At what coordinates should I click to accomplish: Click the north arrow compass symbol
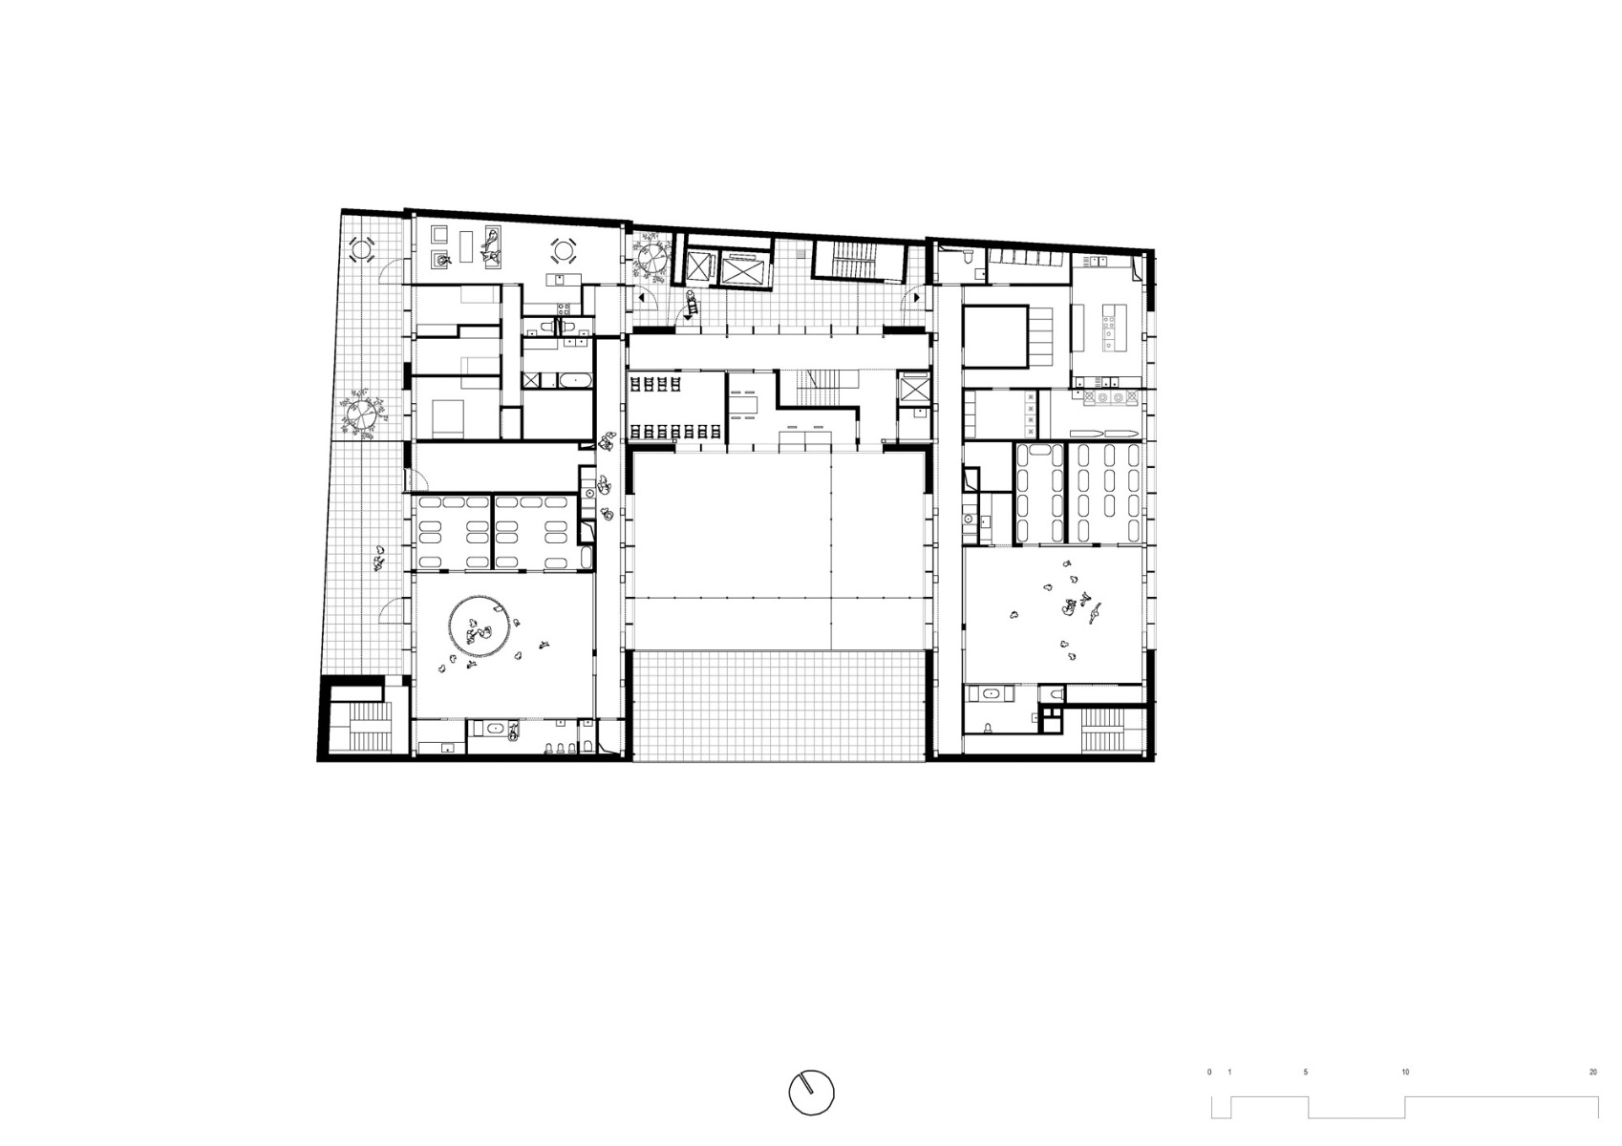(811, 1092)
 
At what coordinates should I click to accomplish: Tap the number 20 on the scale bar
(1592, 1072)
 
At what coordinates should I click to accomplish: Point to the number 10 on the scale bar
(1405, 1072)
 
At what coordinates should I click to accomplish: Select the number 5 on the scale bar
(1306, 1072)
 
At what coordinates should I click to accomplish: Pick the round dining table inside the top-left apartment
(563, 251)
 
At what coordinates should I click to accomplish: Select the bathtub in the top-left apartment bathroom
(575, 381)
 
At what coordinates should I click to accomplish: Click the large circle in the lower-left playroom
(478, 626)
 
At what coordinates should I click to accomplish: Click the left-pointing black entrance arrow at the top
(641, 298)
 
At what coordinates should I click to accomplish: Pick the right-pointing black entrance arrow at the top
(916, 298)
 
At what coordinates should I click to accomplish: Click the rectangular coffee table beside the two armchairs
(467, 246)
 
